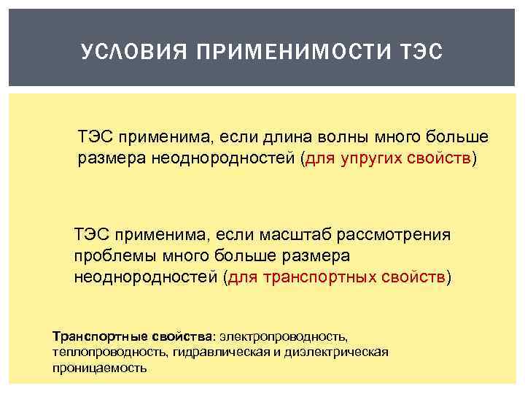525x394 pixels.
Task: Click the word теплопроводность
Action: click(109, 352)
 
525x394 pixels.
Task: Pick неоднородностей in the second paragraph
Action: click(146, 277)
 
